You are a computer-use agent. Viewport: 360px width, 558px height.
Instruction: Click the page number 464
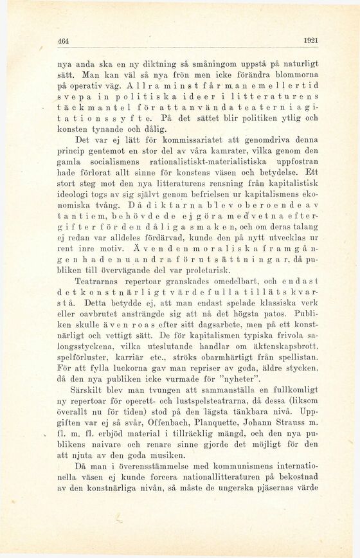(x=63, y=40)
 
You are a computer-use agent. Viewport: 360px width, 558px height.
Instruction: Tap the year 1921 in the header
(x=310, y=40)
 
